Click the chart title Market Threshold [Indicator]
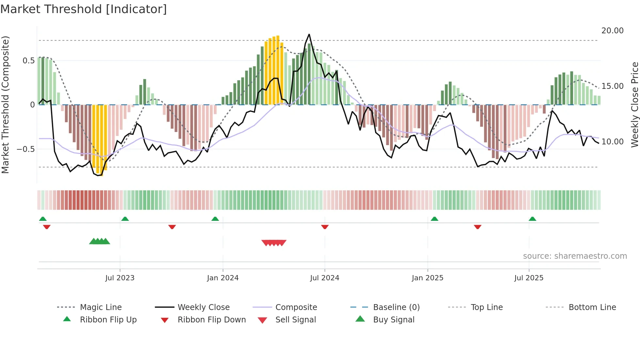(x=84, y=9)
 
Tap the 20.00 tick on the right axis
(x=612, y=31)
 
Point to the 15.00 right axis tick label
(x=612, y=86)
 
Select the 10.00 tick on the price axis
(x=612, y=142)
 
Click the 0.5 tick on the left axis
(x=28, y=61)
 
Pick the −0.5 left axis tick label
(x=25, y=149)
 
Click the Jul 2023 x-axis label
(x=120, y=278)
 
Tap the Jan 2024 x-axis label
(x=223, y=278)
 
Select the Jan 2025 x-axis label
(x=427, y=278)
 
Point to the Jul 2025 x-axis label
(x=529, y=278)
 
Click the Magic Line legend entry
(x=101, y=307)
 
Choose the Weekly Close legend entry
(x=203, y=307)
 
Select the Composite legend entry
(x=296, y=307)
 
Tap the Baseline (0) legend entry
(x=396, y=307)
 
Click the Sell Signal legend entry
(x=295, y=320)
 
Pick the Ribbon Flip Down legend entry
(x=211, y=320)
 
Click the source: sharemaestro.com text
(x=575, y=256)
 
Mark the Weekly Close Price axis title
(x=634, y=105)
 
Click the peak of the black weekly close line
(x=309, y=34)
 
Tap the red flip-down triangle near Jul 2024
(x=325, y=227)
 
